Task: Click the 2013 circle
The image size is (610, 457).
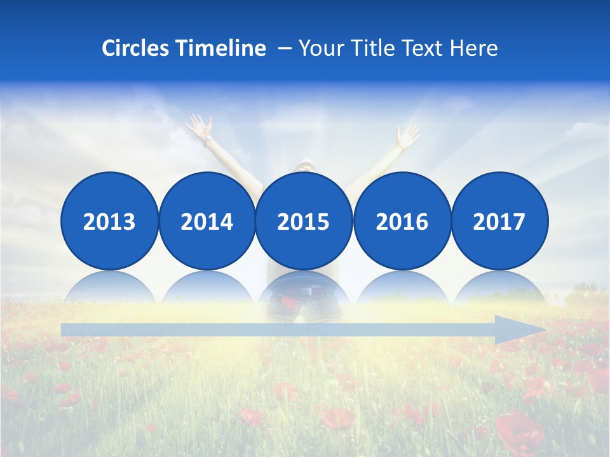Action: [x=109, y=221]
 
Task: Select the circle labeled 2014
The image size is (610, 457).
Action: [x=207, y=221]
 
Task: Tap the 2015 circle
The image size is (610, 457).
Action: [x=304, y=221]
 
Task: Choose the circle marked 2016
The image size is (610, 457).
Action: [x=402, y=221]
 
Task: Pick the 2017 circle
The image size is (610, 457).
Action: [x=499, y=221]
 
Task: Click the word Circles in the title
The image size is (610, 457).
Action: [x=137, y=48]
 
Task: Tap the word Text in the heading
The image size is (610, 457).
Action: [x=424, y=48]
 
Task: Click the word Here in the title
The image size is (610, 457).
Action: [x=474, y=48]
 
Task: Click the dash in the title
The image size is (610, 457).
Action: [x=285, y=48]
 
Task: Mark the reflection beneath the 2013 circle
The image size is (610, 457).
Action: [x=109, y=287]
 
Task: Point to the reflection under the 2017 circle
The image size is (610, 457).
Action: [x=499, y=287]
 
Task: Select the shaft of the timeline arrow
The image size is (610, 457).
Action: [x=280, y=330]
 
